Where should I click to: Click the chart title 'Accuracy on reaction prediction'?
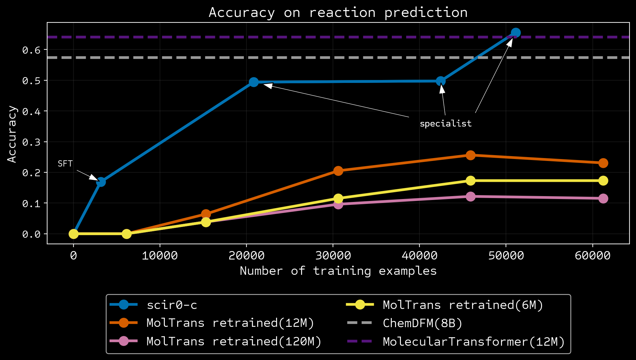(338, 13)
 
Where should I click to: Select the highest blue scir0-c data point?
(516, 33)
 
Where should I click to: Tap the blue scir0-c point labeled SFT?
(101, 182)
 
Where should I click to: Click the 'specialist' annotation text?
(445, 124)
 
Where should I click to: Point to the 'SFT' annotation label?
(65, 164)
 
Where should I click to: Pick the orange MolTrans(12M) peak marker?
(470, 155)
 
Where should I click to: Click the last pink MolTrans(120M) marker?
(603, 198)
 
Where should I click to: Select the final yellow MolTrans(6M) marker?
(603, 180)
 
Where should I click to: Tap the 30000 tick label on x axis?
(333, 256)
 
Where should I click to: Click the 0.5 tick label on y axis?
(31, 81)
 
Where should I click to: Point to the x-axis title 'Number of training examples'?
(338, 271)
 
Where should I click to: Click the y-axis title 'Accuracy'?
(12, 134)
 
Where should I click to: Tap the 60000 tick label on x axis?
(592, 256)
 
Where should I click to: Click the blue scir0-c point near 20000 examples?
(254, 82)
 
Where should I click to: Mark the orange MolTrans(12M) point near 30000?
(338, 171)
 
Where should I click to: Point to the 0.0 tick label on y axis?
(31, 234)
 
